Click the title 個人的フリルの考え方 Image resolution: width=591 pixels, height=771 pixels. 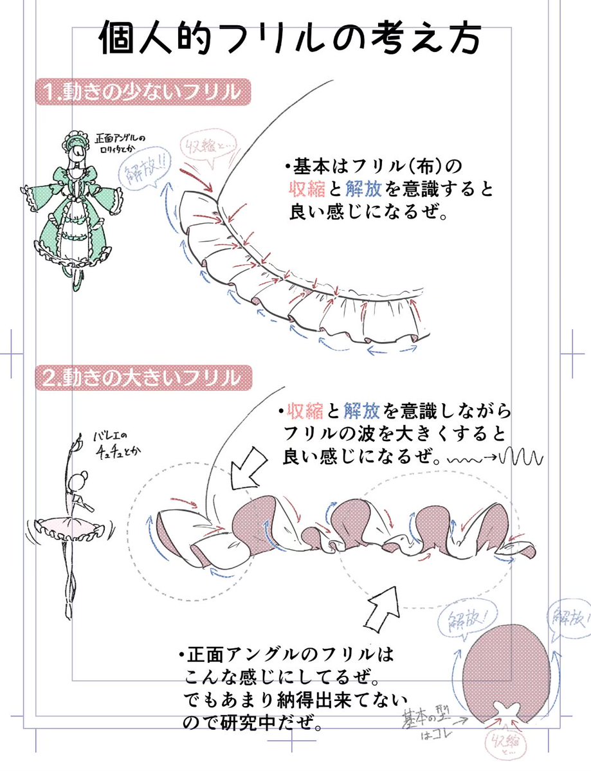pyautogui.click(x=289, y=40)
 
